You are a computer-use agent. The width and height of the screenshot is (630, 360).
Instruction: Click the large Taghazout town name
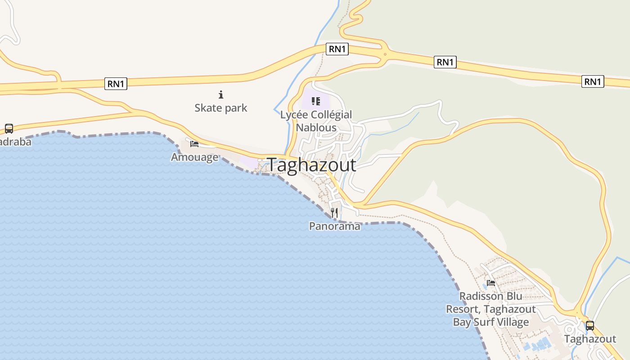point(311,165)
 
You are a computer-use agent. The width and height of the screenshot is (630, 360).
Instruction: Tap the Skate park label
point(221,108)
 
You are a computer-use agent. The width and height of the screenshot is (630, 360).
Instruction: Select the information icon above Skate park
point(221,94)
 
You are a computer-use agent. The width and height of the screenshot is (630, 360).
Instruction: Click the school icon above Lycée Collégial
point(315,101)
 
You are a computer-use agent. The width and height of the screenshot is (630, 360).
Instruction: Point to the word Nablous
point(316,127)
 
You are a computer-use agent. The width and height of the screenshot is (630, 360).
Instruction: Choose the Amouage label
point(194,157)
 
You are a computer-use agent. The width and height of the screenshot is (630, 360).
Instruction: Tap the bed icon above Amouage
point(194,144)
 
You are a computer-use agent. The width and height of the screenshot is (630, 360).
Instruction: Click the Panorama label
point(334,226)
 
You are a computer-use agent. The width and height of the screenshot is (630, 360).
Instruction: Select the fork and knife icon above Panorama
point(334,213)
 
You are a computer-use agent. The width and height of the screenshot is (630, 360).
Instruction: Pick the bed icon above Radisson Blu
point(491,283)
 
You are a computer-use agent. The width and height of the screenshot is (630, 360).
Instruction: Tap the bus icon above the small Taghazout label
point(589,326)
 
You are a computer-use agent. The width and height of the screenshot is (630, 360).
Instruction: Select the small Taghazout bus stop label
point(590,339)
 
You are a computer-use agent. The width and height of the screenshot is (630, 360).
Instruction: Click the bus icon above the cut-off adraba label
point(9,129)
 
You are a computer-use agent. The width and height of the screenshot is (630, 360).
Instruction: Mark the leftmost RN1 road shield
point(116,84)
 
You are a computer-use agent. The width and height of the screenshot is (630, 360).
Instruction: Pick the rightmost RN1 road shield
point(593,81)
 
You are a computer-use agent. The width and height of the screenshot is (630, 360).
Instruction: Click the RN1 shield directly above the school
point(337,49)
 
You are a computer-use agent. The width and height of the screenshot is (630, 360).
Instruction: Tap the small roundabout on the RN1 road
point(385,54)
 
